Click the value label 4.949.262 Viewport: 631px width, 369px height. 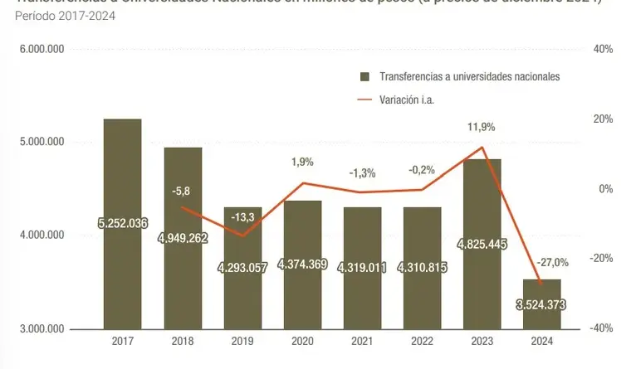[x=183, y=238]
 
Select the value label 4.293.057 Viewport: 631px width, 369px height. [x=242, y=268]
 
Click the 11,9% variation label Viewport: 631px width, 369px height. [x=482, y=127]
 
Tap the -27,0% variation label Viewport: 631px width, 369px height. [x=552, y=263]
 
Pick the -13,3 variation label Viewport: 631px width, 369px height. [x=242, y=217]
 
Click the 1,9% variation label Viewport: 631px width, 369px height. [x=303, y=162]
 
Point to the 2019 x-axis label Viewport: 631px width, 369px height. [x=242, y=340]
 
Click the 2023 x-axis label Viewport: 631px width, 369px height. [x=482, y=340]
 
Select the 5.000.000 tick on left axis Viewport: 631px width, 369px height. [x=42, y=143]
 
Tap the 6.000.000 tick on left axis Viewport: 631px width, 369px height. [x=42, y=50]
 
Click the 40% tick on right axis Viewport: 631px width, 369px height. [x=603, y=50]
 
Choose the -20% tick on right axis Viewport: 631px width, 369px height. [x=601, y=259]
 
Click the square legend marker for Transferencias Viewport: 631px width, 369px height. [x=364, y=76]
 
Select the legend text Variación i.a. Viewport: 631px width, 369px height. [x=408, y=100]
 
